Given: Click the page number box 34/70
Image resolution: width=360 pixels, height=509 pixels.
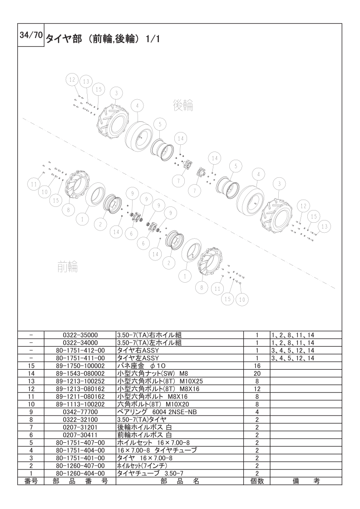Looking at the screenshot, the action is pyautogui.click(x=30, y=35).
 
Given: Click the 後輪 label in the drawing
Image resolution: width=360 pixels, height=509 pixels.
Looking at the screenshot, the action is pyautogui.click(x=183, y=105).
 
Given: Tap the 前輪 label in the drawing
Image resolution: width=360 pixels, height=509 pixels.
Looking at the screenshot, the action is pyautogui.click(x=68, y=266).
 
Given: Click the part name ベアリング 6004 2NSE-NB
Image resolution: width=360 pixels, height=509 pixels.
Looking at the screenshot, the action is pyautogui.click(x=157, y=412).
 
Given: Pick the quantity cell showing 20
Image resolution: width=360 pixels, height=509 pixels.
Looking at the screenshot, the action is pyautogui.click(x=256, y=374).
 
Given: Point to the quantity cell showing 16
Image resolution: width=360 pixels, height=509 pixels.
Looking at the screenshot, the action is pyautogui.click(x=256, y=366).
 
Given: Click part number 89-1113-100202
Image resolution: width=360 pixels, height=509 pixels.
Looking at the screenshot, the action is pyautogui.click(x=80, y=405).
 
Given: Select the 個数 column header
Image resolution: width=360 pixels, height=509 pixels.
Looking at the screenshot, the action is pyautogui.click(x=256, y=481).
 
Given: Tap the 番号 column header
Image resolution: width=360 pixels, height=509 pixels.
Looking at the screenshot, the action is pyautogui.click(x=31, y=481).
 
